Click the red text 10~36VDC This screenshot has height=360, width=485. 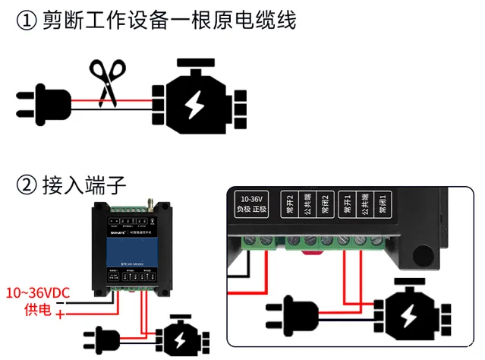39,292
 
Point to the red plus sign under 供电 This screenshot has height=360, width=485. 60,314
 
